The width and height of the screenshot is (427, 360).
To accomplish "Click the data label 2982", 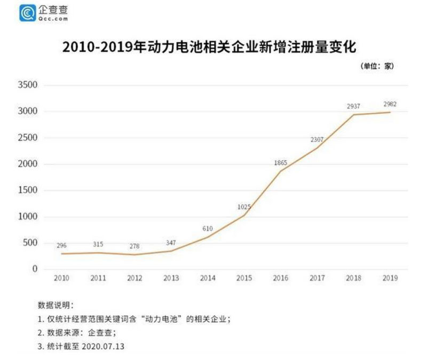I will point(390,104).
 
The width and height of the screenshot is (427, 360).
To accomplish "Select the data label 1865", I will point(280,162).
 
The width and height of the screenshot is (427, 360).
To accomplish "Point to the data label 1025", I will point(243,207).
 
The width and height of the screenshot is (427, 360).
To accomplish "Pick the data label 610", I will point(208,229).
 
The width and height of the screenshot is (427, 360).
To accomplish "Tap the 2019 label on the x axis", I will point(391,279).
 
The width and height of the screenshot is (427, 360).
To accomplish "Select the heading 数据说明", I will point(56,306).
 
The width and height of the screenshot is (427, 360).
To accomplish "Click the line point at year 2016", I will point(280,171).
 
